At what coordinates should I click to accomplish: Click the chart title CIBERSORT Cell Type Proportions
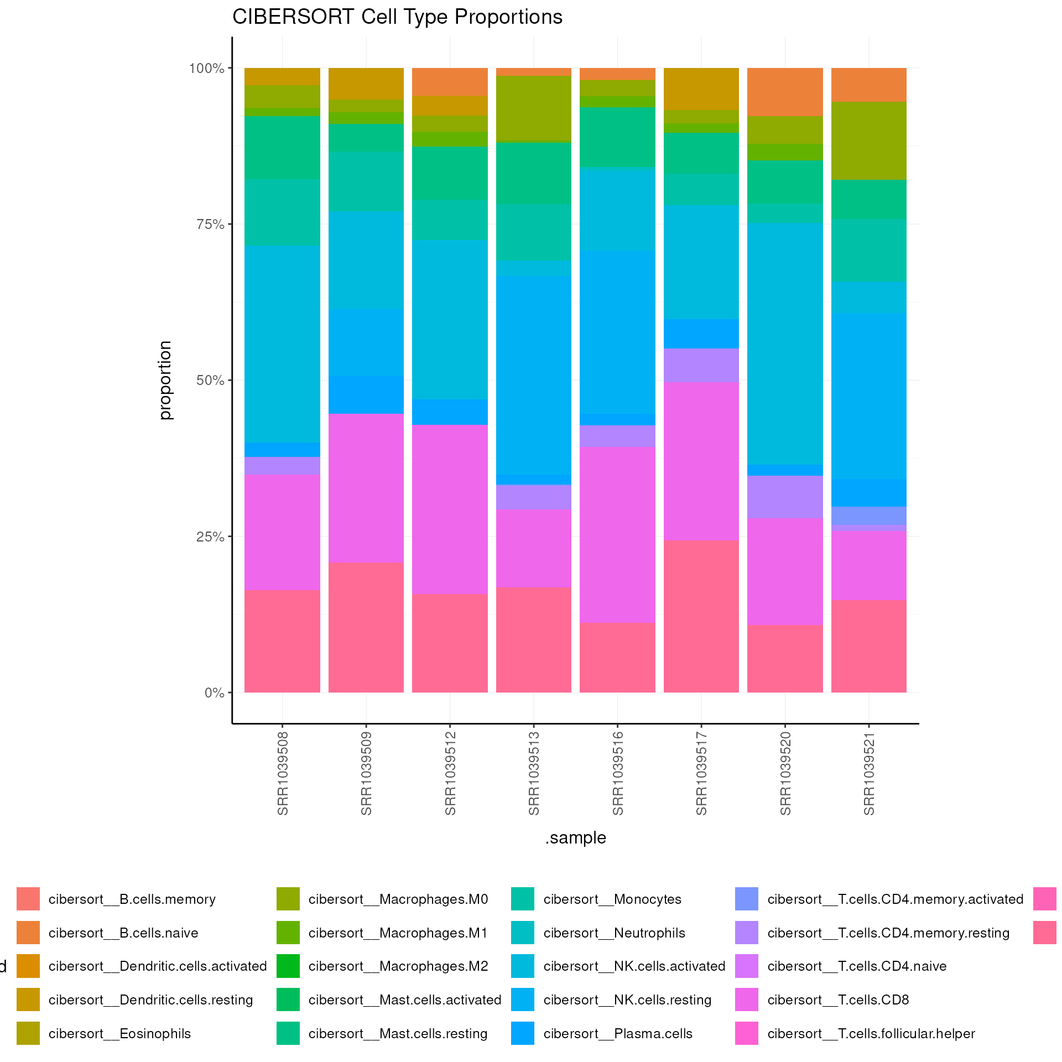tap(397, 17)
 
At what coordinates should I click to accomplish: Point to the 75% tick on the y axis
tap(210, 225)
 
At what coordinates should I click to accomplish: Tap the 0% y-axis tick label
tap(214, 693)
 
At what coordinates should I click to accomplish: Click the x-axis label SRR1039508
tap(283, 773)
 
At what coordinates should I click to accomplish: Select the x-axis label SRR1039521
tap(869, 773)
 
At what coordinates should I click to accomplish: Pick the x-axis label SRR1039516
tap(618, 773)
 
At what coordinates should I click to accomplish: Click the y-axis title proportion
tap(165, 381)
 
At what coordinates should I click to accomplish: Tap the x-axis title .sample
tap(575, 838)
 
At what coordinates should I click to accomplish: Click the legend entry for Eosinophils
tap(119, 1034)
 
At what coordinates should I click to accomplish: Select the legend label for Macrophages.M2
tap(398, 966)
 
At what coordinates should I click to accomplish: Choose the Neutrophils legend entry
tap(614, 933)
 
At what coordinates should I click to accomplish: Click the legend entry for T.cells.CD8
tap(838, 1000)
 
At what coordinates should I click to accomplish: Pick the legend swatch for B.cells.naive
tap(28, 933)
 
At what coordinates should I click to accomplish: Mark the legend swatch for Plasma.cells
tap(523, 1034)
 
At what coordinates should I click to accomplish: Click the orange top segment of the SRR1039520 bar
tap(785, 92)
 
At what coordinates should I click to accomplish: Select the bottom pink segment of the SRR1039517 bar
tap(701, 616)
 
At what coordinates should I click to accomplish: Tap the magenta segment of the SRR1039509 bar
tap(366, 488)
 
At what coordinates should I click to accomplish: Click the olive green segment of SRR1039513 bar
tap(534, 109)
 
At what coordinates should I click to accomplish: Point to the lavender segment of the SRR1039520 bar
tap(785, 497)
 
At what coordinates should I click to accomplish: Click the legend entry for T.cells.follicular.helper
tap(871, 1034)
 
